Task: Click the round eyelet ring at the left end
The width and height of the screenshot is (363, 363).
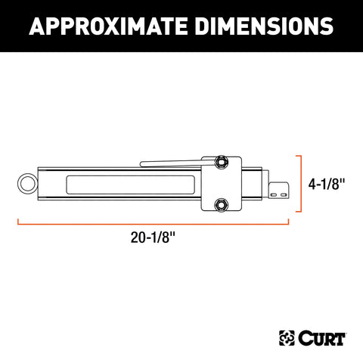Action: tap(25, 183)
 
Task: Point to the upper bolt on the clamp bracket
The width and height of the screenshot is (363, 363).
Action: tap(222, 161)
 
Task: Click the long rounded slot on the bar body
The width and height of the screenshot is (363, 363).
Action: tap(132, 184)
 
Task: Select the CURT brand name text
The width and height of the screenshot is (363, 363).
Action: tap(317, 335)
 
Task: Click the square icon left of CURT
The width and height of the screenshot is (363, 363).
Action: tap(287, 335)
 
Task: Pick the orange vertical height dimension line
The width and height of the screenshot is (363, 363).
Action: tap(302, 184)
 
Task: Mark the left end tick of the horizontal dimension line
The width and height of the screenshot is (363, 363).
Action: tap(18, 222)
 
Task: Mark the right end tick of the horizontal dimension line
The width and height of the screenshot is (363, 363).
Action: tap(289, 222)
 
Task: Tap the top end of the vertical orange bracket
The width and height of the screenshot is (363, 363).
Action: tap(299, 155)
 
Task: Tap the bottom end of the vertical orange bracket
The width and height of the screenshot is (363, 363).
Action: tap(299, 213)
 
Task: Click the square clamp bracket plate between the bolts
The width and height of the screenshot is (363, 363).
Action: tap(222, 182)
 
